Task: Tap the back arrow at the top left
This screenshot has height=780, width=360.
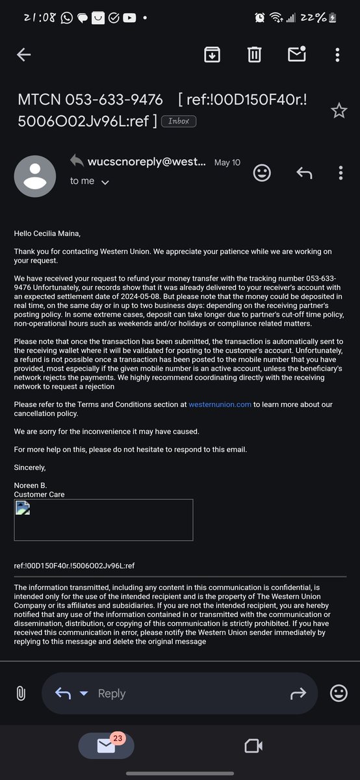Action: (x=23, y=55)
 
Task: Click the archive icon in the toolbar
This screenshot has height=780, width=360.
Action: (x=211, y=55)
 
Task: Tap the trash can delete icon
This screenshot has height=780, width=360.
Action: (x=253, y=55)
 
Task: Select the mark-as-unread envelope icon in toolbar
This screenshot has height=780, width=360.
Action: (x=296, y=55)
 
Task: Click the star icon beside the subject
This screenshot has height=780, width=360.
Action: (x=339, y=111)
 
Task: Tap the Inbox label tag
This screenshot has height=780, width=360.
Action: (x=178, y=121)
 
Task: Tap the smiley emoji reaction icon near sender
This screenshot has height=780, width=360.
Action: (x=262, y=173)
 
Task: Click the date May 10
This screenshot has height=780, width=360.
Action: (x=227, y=162)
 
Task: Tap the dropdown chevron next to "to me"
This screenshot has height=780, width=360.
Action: (x=105, y=183)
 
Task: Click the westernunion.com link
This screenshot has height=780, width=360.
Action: (x=220, y=404)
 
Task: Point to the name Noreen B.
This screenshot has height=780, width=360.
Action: (x=31, y=486)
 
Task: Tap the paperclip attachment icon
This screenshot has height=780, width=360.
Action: (x=20, y=693)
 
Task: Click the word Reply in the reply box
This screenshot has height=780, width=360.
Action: (x=111, y=694)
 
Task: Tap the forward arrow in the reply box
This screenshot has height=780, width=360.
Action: (x=298, y=694)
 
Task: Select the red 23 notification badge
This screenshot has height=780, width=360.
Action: (x=117, y=738)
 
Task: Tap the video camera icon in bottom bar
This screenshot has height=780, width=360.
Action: (x=253, y=745)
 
